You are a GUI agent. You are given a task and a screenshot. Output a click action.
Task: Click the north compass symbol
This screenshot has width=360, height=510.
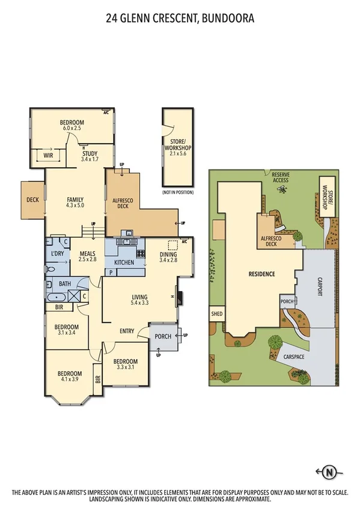pos(328,471)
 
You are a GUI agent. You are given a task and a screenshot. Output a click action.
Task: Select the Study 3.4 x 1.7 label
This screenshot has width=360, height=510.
pos(90,157)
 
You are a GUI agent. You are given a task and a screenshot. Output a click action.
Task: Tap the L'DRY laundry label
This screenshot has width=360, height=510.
pos(58,254)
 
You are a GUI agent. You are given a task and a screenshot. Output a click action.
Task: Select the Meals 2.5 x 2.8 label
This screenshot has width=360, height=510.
pos(88,257)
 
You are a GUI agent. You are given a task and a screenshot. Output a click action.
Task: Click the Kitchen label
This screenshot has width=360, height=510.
pos(124,263)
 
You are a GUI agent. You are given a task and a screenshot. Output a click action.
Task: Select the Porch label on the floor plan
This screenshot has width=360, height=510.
pos(163,336)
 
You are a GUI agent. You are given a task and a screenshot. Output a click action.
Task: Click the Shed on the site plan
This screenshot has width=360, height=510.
pos(216,313)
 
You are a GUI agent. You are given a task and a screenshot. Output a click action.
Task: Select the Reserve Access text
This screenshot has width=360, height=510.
pos(280,176)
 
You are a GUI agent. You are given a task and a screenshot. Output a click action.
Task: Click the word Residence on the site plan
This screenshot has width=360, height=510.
pos(261,274)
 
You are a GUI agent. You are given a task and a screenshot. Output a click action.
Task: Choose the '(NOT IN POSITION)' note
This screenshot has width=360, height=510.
pos(177,192)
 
